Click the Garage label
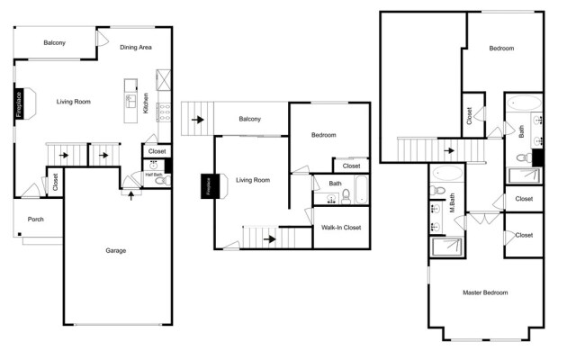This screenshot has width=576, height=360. coord(115,250)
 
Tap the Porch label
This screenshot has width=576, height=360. coord(36,219)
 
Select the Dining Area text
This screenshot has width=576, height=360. coord(135,47)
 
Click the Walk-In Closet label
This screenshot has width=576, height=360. coord(341,228)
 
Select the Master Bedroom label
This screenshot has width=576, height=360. coord(485,292)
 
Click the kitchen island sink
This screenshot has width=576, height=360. coord(130,99)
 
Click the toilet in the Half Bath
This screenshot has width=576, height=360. coord(161,181)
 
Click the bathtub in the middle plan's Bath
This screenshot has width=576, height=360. coord(359,190)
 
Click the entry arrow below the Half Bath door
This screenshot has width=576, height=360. coord(132,194)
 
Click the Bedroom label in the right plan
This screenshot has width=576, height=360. coord(501,49)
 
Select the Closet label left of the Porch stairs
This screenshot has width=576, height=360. coord(55,182)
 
